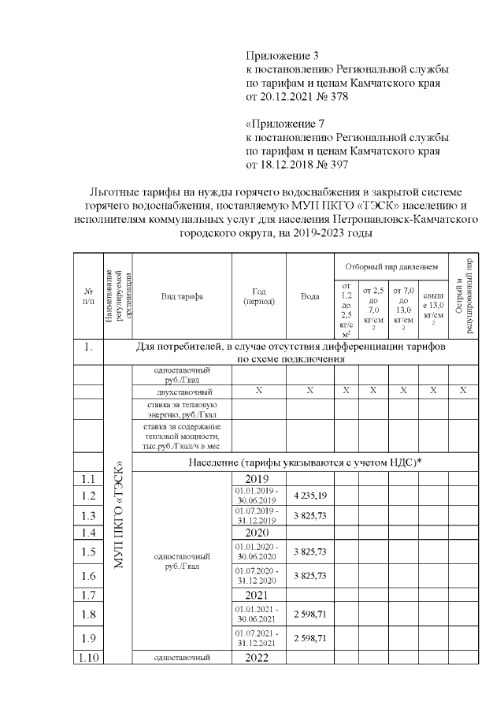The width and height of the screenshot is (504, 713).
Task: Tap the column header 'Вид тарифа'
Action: (x=181, y=297)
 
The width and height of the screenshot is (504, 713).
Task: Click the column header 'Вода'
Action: (x=309, y=297)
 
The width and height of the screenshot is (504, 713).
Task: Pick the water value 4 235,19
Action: (x=309, y=496)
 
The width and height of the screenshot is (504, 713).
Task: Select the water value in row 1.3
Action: (x=309, y=516)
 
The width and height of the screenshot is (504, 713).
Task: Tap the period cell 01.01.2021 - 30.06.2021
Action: (x=258, y=613)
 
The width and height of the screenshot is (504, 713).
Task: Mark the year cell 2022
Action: (x=258, y=658)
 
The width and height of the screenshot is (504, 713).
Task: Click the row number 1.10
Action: (x=88, y=658)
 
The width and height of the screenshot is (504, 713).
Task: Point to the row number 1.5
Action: (x=88, y=551)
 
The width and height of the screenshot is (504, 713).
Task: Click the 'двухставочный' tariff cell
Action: (x=182, y=391)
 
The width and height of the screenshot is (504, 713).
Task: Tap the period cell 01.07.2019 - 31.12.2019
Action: (x=258, y=516)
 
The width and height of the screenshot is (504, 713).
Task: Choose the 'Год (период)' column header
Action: (x=258, y=297)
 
